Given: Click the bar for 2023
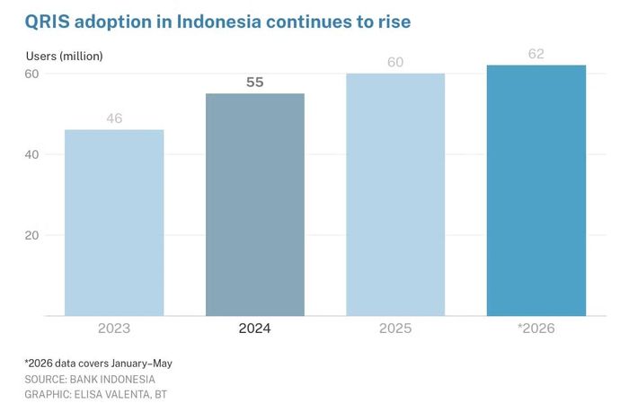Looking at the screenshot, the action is pos(114,223).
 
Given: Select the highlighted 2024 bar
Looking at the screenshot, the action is pos(255,205).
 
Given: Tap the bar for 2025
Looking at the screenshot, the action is pos(395,195).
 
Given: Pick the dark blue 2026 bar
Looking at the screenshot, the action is pos(536,190).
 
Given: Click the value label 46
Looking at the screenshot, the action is pos(114,118).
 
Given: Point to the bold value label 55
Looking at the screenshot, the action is pos(255,83).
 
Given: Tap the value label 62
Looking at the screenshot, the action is pos(536,54).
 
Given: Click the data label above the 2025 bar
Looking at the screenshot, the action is pos(395,62).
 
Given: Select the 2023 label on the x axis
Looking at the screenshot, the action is pos(114,329).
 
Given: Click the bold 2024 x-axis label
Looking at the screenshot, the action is pos(254,329).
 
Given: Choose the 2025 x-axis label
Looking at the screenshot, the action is pos(395,329).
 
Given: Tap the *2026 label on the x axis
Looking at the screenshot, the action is pos(536,329).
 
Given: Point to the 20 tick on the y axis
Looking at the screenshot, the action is pos(31,235).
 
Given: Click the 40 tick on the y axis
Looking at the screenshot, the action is pos(31,154).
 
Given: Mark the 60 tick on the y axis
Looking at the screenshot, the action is pos(31,74).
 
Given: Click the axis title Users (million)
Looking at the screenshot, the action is pos(64,57).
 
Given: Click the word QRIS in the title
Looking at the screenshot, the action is pos(47,22).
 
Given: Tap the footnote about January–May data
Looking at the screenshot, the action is pos(98,364).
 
